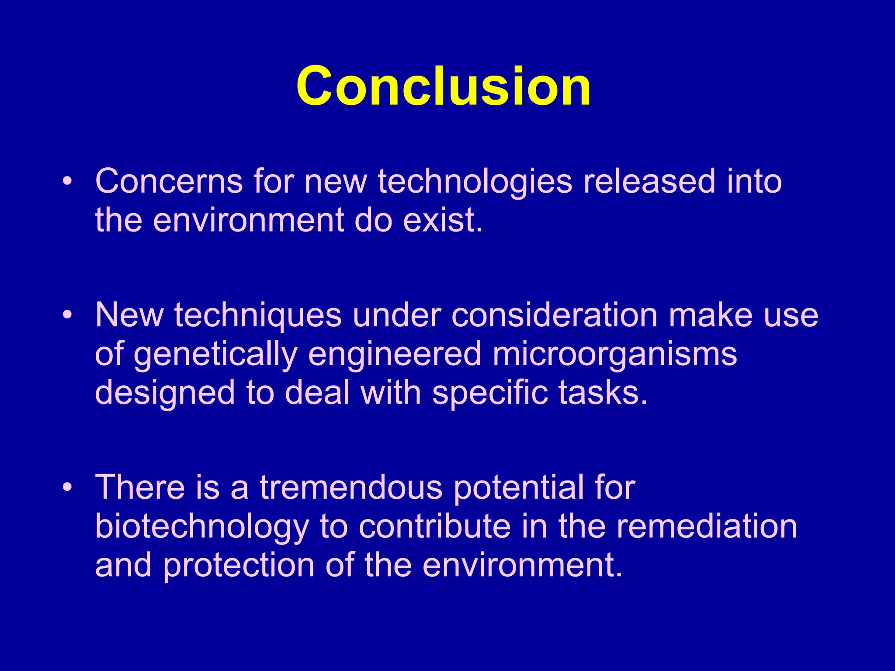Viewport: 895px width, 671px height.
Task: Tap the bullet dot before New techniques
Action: point(66,315)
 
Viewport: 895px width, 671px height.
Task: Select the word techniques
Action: point(258,315)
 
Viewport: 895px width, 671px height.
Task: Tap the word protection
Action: point(239,565)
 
